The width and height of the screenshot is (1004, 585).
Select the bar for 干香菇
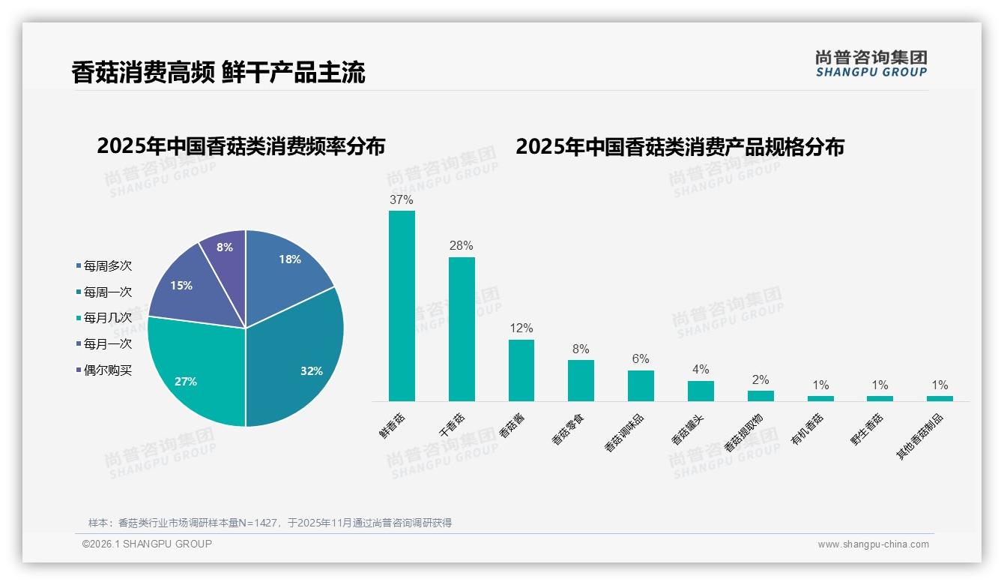(x=462, y=329)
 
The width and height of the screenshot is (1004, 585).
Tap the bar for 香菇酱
(x=521, y=370)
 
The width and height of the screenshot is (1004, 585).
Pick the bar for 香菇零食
(x=581, y=380)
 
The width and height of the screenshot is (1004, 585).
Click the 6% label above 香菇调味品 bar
(x=641, y=359)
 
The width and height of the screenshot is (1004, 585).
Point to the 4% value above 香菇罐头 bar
(x=701, y=370)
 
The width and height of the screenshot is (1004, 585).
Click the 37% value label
(x=402, y=200)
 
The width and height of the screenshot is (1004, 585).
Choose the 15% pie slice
(x=184, y=286)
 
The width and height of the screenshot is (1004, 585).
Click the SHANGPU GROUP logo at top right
(x=871, y=64)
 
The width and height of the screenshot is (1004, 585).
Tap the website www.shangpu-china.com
(x=873, y=544)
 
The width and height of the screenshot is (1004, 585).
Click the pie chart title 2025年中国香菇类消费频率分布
(x=241, y=147)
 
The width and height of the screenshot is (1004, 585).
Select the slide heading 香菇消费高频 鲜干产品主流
(x=218, y=73)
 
